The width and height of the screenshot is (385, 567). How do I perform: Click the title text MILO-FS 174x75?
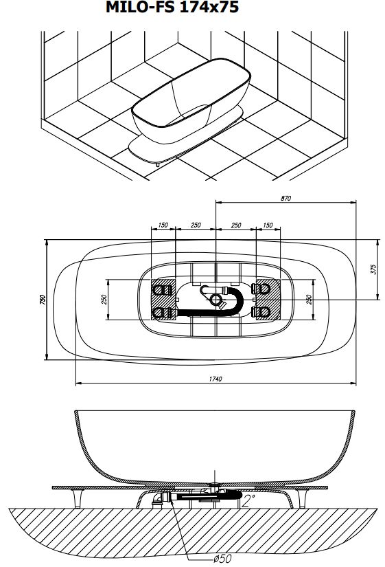172,7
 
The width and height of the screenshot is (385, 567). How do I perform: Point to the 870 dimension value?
285,198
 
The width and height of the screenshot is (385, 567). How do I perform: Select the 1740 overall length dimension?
215,379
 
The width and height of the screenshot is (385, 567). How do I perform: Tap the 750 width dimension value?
43,300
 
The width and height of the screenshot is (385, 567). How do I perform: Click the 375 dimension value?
373,269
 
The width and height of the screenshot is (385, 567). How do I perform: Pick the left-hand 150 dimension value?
163,225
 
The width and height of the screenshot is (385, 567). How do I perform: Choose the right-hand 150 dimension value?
268,225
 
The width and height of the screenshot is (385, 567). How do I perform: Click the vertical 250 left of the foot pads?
104,300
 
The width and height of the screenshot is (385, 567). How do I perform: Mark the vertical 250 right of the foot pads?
308,300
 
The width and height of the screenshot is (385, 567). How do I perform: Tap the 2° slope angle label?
249,501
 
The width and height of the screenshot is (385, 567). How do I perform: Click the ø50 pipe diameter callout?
223,558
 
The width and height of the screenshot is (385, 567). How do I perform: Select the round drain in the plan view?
215,299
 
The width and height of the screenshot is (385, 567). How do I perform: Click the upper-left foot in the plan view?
163,289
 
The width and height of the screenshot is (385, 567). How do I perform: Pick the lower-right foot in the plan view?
261,311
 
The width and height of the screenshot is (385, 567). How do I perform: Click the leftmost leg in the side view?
78,499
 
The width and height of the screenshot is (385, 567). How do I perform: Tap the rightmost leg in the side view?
302,499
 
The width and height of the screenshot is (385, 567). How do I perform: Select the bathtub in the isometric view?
191,101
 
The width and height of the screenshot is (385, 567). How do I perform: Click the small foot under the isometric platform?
158,164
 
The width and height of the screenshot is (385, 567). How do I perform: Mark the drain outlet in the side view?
215,483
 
